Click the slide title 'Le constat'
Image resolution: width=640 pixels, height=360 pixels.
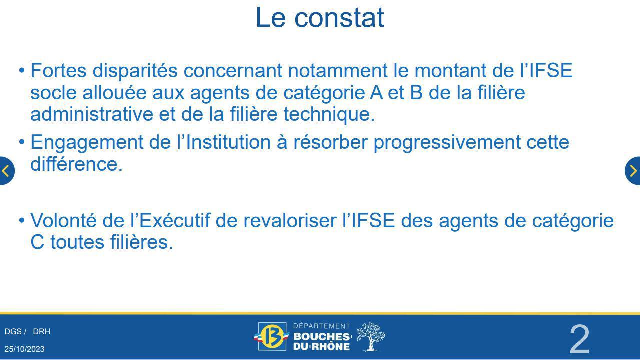pos(320,18)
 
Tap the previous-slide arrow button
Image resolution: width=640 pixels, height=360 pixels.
pos(7,171)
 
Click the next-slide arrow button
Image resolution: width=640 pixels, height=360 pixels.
pos(633,171)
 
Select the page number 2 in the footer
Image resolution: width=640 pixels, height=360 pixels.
pos(579,339)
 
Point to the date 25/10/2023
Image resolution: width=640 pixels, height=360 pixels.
pos(24,349)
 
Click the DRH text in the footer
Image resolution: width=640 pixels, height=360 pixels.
pos(41,331)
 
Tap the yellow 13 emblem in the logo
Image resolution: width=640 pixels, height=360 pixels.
pos(271,336)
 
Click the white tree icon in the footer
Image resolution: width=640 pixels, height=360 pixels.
pos(371,337)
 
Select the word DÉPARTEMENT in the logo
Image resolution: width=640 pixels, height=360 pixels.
pos(322,326)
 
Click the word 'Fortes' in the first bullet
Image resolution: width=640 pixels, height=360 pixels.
pos(58,70)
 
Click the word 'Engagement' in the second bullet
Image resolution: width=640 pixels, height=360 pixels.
pos(87,143)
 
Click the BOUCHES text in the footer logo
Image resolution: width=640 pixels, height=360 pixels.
pos(322,337)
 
